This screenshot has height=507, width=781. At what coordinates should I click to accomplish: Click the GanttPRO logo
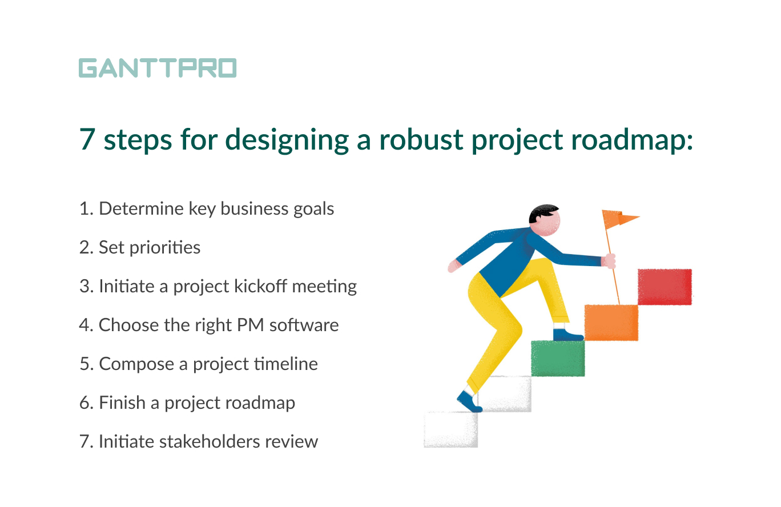[x=157, y=68]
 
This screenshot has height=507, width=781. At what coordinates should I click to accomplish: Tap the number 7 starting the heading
[x=87, y=140]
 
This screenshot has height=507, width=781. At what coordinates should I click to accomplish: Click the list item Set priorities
[x=140, y=247]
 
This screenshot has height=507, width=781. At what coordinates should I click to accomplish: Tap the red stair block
[x=665, y=287]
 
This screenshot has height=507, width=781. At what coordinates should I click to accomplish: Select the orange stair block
[x=611, y=323]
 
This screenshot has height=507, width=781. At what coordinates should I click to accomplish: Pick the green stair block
[x=558, y=358]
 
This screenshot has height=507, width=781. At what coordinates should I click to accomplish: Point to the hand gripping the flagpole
[x=609, y=261]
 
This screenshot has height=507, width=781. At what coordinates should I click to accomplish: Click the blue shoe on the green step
[x=567, y=334]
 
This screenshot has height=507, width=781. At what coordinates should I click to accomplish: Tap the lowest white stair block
[x=450, y=429]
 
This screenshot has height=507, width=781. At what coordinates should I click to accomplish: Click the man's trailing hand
[x=454, y=266]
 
